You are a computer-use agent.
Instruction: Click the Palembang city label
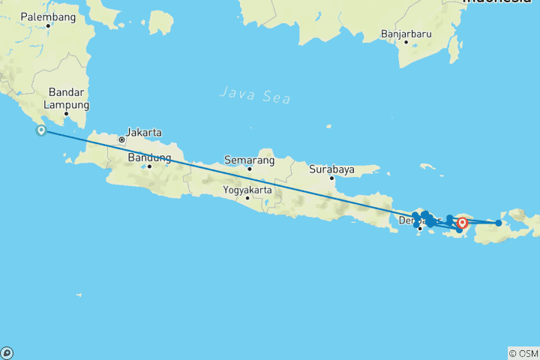point(48,16)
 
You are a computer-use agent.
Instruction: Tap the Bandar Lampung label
point(68,98)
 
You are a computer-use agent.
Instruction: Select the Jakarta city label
point(143,132)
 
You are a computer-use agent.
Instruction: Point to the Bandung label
point(149,157)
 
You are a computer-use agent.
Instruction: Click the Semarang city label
point(249,160)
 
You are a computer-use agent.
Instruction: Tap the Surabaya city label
point(331,169)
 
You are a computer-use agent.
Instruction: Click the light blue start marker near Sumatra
point(42,131)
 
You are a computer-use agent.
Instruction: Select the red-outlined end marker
point(463,222)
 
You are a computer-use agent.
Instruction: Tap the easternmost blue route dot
point(499,223)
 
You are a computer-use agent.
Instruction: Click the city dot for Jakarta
point(121,139)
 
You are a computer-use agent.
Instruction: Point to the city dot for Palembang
point(48,25)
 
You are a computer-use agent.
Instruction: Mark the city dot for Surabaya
point(331,178)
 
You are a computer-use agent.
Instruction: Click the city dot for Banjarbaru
point(406,42)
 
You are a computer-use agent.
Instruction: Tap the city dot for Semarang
point(250,168)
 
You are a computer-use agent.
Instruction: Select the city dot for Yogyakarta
point(247,198)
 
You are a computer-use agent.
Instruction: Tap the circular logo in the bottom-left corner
point(7,352)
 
